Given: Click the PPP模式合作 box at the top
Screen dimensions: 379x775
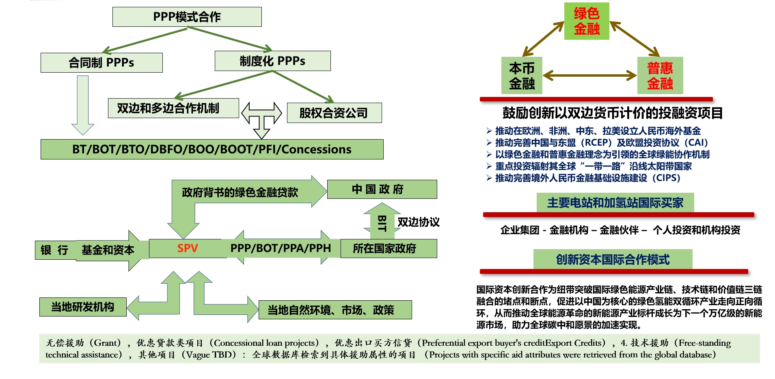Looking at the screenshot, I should click(x=187, y=17).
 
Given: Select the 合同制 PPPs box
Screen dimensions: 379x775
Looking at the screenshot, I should click(x=101, y=62).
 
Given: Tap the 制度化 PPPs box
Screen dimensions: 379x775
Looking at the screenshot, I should click(x=272, y=61).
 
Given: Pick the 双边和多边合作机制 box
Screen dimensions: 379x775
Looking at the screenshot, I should click(x=173, y=108).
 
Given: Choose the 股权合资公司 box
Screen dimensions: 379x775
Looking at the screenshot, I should click(x=334, y=113).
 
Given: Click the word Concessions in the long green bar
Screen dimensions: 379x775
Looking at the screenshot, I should click(x=316, y=149).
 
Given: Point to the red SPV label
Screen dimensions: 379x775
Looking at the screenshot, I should click(x=187, y=248).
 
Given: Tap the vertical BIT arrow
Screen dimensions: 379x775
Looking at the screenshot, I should click(x=382, y=222).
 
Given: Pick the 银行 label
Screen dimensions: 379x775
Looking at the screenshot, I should click(x=54, y=250).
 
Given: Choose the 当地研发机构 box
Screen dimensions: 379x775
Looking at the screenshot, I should click(x=83, y=307).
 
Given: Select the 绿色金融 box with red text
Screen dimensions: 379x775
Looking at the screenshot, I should click(x=587, y=21).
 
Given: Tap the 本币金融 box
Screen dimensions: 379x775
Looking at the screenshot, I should click(x=522, y=75).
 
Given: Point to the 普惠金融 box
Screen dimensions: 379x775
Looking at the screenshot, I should click(x=660, y=75).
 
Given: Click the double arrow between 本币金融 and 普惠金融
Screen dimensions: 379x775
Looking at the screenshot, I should click(x=589, y=75).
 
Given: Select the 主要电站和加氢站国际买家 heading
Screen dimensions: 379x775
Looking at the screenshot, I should click(x=615, y=202).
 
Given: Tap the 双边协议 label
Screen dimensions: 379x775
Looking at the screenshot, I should click(x=418, y=222).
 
